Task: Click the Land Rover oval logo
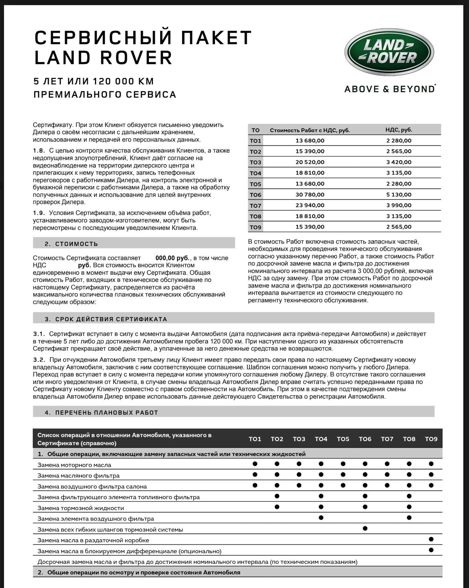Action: coord(389,52)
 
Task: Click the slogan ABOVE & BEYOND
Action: coord(390,89)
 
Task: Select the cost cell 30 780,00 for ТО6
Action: coord(310,194)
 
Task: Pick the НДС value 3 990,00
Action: coord(399,205)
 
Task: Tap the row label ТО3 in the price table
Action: coord(255,162)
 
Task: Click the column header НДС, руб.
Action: coord(399,130)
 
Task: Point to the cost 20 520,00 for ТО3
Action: coord(310,162)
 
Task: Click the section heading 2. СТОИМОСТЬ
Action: coord(71,244)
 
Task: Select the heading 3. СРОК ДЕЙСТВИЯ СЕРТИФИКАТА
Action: coord(106,319)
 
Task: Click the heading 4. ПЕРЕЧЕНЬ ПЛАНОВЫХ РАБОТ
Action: coord(102,413)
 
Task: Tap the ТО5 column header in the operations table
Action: coord(343,439)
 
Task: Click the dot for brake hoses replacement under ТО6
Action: coord(365,528)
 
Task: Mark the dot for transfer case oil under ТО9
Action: coord(431,539)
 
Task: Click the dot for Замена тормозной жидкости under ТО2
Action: coord(277,507)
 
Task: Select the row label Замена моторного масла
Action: coord(74,465)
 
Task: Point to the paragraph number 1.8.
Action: coord(39,151)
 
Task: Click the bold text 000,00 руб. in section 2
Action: coord(172,258)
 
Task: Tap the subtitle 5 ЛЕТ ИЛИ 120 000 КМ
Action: coord(94,81)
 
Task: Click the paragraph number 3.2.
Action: coord(39,360)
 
